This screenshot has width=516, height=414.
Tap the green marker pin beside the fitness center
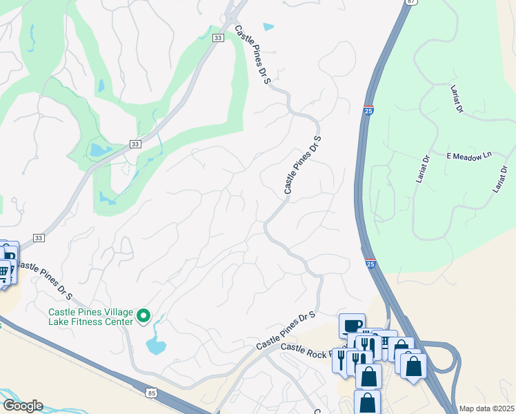(144, 316)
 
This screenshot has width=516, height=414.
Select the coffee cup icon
(352, 324)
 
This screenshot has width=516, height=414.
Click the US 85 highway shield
(152, 393)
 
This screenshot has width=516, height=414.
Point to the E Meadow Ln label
(468, 157)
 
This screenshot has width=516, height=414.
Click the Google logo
(22, 406)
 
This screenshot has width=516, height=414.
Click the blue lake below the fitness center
(156, 344)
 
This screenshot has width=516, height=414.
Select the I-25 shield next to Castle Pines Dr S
(369, 110)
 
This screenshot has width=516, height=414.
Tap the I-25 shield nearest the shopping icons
(371, 263)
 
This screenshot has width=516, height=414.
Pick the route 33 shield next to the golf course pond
(135, 144)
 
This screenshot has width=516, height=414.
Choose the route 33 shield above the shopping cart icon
(39, 237)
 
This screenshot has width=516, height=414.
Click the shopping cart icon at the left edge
(3, 272)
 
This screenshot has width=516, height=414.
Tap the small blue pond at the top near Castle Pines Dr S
(268, 28)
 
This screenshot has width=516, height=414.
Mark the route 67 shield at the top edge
(411, 2)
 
